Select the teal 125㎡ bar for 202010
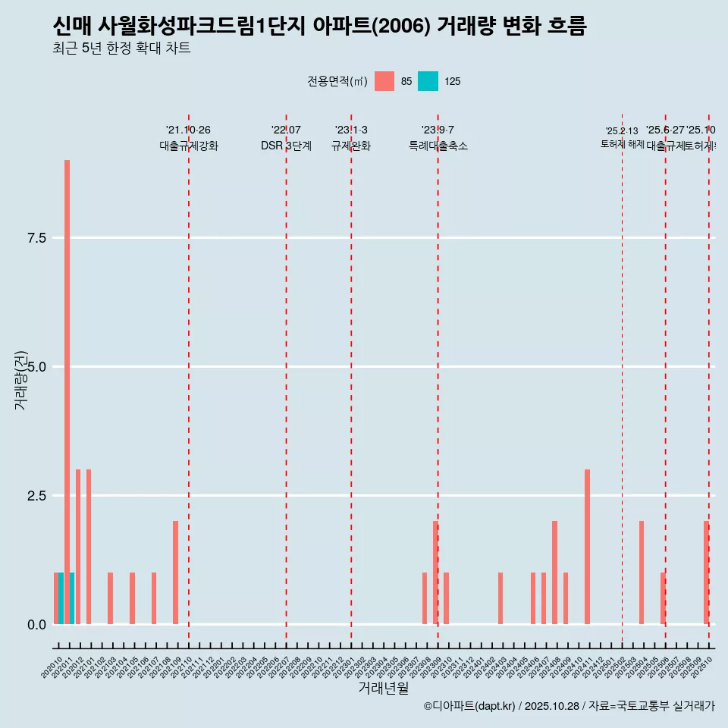pos(61,598)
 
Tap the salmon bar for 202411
pos(588,547)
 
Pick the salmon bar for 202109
pos(175,573)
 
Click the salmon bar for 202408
pos(555,573)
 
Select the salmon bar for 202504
pos(642,573)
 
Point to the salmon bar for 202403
pos(500,598)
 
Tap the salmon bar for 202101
pos(89,547)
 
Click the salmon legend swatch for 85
pos(384,81)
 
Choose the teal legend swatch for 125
pos(428,81)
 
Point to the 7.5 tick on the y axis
pos(36,238)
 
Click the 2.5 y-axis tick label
pos(36,496)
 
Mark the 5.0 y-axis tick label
pos(36,367)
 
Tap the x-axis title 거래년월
pos(383,689)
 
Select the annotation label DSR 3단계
pos(286,146)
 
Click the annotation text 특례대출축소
pos(438,146)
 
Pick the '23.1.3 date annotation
pos(351,130)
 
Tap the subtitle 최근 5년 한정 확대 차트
pos(121,49)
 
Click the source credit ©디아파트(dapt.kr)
pos(470,706)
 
